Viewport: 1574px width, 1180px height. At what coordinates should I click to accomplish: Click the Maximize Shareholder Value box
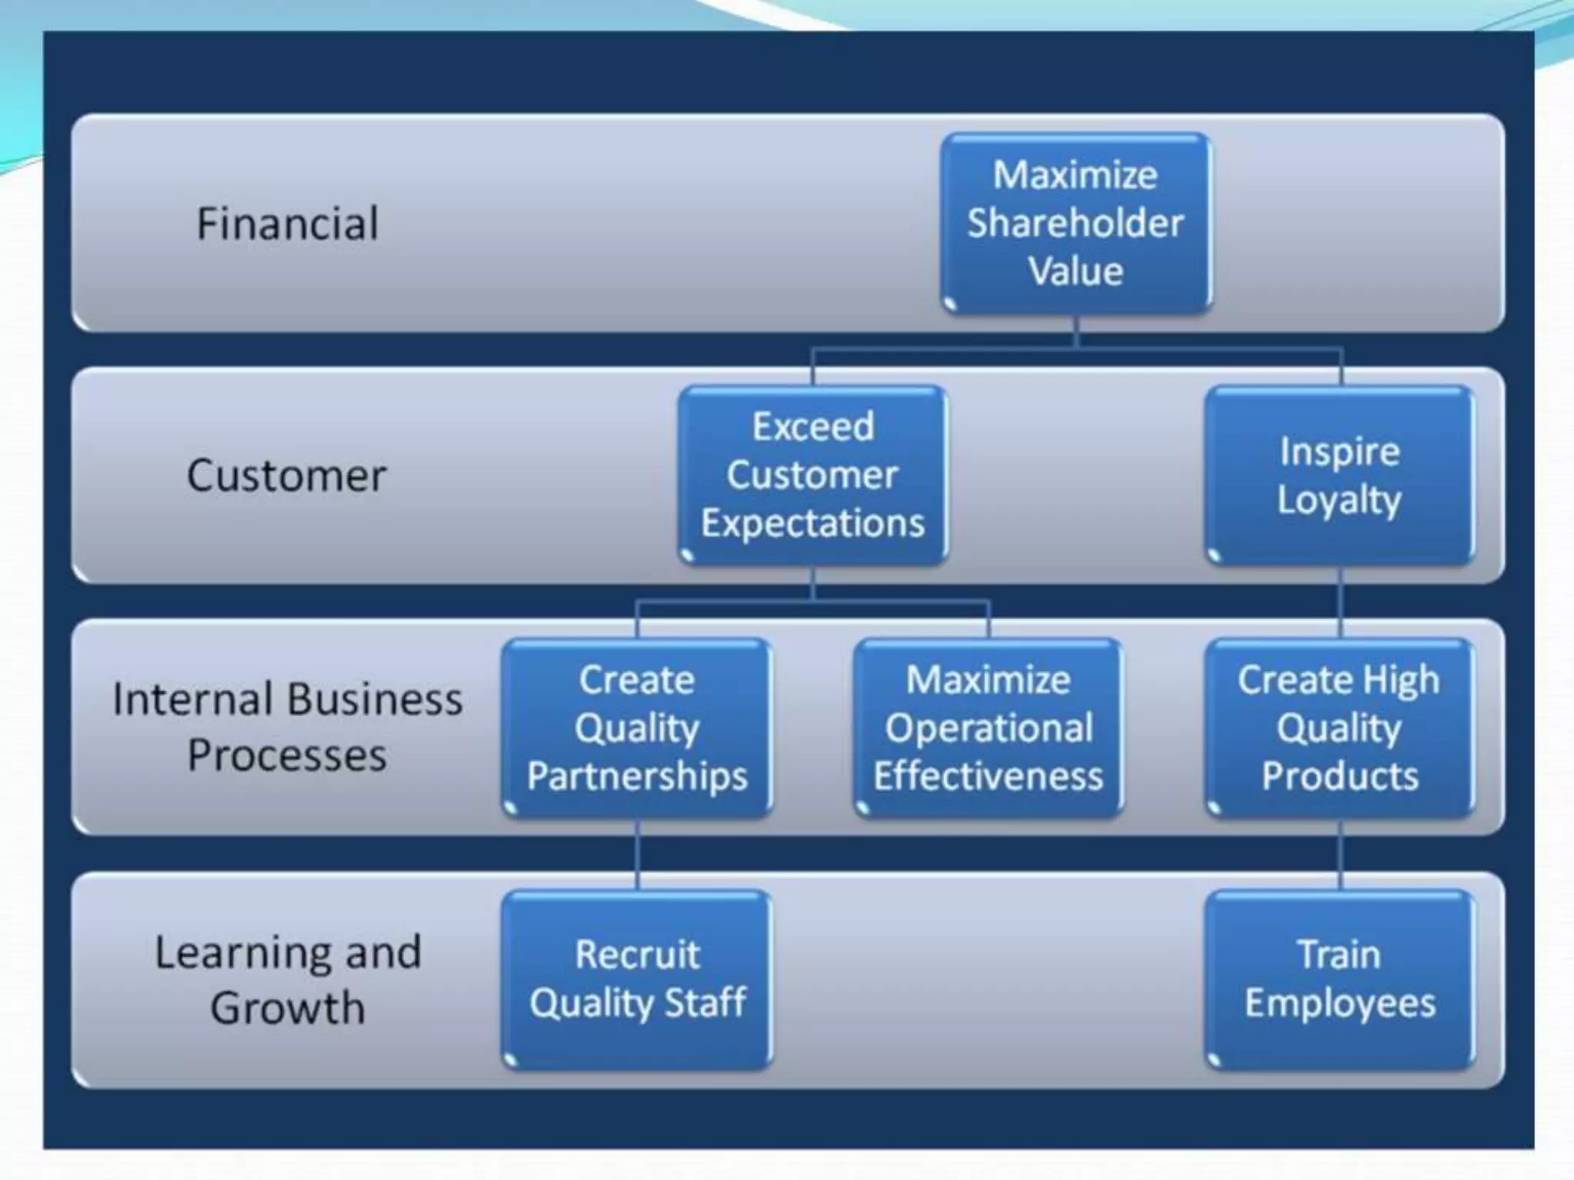1075,223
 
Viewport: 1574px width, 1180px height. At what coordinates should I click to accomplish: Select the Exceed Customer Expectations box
812,475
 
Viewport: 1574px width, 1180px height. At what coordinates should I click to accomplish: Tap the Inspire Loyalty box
1339,475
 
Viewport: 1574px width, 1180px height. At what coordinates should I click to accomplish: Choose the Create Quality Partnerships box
637,728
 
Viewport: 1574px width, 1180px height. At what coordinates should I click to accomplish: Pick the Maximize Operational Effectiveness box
988,728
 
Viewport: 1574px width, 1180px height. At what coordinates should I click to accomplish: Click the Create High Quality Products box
1339,728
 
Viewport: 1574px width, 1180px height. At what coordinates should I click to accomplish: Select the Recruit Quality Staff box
637,979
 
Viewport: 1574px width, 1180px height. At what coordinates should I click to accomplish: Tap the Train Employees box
1339,979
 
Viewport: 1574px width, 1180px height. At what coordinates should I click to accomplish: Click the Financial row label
287,224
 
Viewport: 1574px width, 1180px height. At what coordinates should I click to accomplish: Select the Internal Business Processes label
287,727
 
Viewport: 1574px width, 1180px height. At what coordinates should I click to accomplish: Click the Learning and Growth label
287,979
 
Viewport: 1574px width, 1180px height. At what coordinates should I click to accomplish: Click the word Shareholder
1075,224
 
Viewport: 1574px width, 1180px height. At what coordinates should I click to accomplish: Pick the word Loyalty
1339,500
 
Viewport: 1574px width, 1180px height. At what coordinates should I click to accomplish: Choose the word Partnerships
637,776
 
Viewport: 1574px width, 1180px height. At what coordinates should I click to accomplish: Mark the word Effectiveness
988,776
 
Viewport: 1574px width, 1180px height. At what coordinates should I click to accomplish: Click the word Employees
1340,1003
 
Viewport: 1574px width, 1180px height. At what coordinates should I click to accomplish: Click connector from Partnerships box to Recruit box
637,854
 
